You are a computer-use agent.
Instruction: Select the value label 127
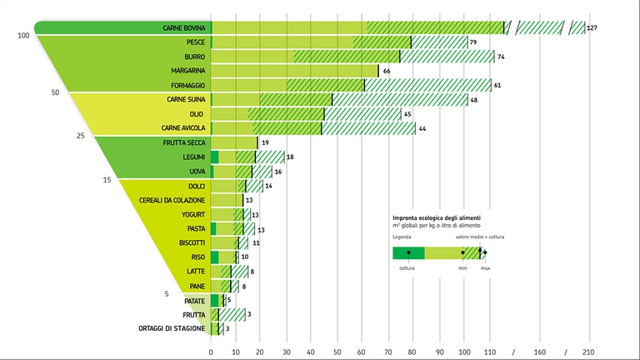(592, 28)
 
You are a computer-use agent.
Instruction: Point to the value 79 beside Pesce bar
(473, 42)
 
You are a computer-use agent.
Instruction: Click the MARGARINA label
(183, 71)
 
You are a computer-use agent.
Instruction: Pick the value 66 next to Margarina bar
(387, 71)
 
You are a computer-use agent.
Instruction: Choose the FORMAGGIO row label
(183, 85)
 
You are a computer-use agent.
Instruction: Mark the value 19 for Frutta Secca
(265, 142)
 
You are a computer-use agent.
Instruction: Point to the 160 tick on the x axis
(540, 350)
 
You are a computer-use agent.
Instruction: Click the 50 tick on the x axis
(337, 350)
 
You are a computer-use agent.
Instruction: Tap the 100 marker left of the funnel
(23, 36)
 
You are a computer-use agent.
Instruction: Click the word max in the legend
(485, 267)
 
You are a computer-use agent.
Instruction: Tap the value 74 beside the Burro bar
(502, 57)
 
